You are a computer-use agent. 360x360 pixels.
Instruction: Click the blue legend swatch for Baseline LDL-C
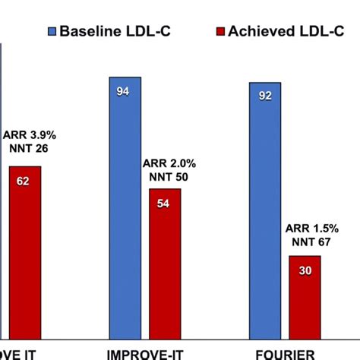[x=52, y=32]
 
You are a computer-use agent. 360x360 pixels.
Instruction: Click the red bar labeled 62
[x=25, y=251]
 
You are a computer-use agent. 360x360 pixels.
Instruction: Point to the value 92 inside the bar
[x=265, y=96]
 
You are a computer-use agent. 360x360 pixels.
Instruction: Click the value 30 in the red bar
[x=305, y=271]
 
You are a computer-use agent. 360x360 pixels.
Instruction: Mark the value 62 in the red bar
[x=25, y=182]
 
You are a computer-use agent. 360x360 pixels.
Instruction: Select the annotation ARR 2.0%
[x=167, y=163]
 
